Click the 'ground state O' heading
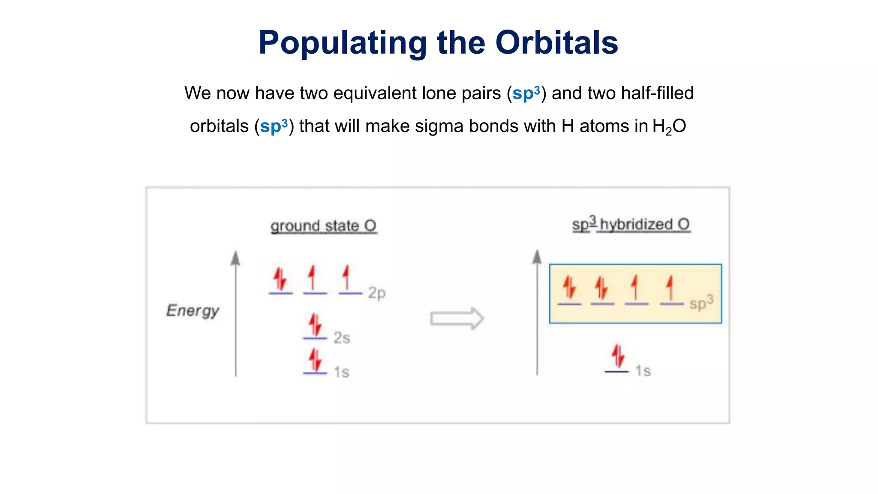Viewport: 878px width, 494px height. (x=324, y=226)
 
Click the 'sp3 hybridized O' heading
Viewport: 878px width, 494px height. (x=631, y=224)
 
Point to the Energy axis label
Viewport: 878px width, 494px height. (x=192, y=310)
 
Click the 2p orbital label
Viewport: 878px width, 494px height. (x=377, y=293)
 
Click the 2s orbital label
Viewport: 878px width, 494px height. (x=342, y=338)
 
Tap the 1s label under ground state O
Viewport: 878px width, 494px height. (x=342, y=372)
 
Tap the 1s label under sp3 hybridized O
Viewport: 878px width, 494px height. (x=643, y=371)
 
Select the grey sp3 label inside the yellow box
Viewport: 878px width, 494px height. (x=701, y=303)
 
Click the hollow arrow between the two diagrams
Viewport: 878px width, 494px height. (x=457, y=319)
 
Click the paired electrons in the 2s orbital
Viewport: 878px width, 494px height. (x=315, y=325)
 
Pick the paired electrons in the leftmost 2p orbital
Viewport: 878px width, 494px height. (x=280, y=279)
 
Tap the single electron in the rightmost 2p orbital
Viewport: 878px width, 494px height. (x=346, y=278)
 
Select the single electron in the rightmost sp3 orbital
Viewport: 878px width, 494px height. (x=670, y=288)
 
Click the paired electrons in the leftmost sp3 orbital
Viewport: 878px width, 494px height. (x=569, y=288)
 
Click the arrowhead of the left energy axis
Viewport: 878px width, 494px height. (x=235, y=258)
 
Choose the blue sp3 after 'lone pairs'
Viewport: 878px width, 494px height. (x=526, y=93)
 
